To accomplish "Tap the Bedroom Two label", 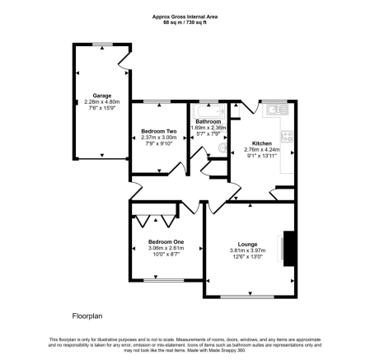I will (158, 132).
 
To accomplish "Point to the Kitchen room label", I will (261, 143).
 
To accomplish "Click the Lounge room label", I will (247, 243).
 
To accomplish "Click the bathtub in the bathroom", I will (207, 110).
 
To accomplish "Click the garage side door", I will (124, 59).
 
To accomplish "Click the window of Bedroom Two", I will (159, 102).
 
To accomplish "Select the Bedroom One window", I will (158, 280).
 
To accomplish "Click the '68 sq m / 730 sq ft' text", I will (185, 22).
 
